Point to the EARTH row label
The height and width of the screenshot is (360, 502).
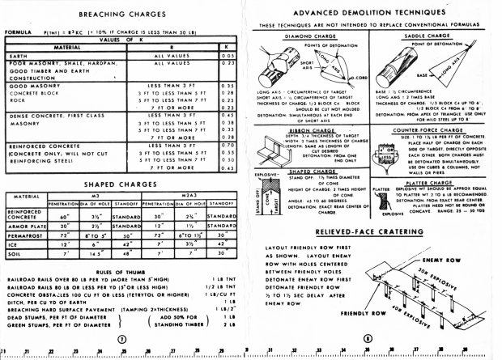[x=18, y=54]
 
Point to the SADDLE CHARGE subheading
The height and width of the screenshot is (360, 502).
[x=432, y=36]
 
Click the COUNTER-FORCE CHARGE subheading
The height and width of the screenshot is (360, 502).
[x=432, y=129]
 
